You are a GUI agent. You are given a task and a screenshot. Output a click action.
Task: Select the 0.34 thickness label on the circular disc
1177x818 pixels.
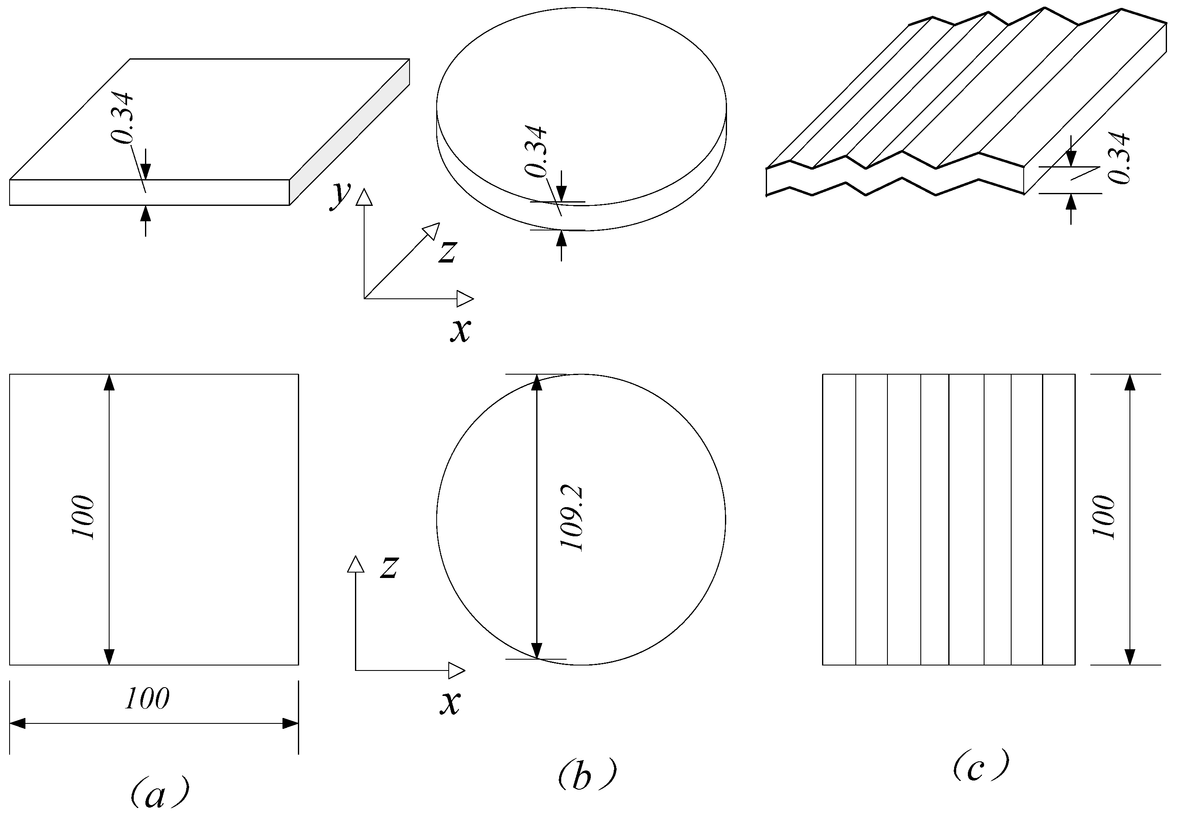coord(537,151)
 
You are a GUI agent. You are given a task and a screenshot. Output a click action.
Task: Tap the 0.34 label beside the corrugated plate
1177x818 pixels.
coord(1119,158)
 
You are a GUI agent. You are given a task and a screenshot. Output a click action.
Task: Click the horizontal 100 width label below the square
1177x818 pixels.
coord(147,698)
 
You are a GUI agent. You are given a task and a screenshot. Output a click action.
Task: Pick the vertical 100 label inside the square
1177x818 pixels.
coord(83,518)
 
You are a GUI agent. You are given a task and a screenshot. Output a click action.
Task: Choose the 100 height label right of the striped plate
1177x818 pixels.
coord(1103,518)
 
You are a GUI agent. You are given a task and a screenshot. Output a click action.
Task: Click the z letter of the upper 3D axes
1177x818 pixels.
coord(447,252)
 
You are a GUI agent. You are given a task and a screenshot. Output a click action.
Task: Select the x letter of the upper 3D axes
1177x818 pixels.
coord(460,330)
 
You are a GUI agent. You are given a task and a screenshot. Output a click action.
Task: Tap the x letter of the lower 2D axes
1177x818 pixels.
coord(450,702)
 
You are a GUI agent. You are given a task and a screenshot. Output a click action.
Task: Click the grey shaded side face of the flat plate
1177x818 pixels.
coord(350,132)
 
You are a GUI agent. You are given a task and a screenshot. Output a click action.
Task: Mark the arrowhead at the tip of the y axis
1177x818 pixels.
coord(364,198)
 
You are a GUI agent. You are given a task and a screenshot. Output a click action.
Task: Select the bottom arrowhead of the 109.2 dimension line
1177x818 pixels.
coord(537,650)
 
